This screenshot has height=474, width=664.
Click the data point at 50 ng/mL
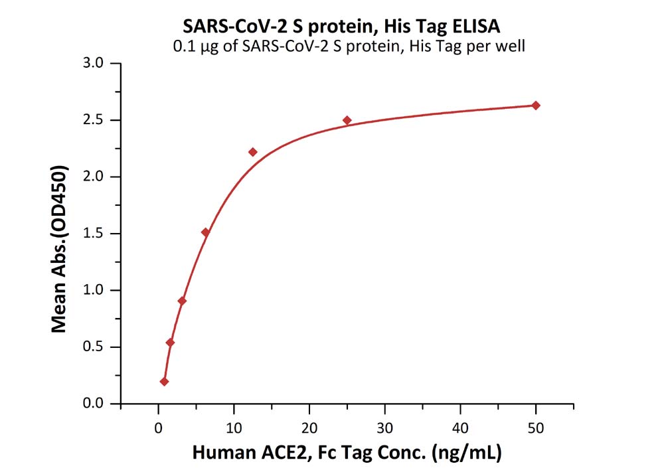(x=536, y=106)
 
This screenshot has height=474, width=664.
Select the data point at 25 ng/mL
(x=347, y=120)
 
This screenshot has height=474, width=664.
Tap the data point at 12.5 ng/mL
(x=252, y=152)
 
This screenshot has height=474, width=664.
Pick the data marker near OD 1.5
(x=205, y=232)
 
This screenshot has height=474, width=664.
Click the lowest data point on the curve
(x=164, y=382)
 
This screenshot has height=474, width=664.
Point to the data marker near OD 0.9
(x=182, y=301)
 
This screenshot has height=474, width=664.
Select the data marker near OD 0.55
(x=170, y=343)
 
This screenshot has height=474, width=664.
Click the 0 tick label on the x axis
(x=158, y=428)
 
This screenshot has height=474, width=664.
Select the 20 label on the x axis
(x=309, y=428)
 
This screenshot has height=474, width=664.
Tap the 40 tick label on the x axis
(x=460, y=428)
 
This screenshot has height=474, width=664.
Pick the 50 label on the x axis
(x=536, y=428)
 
